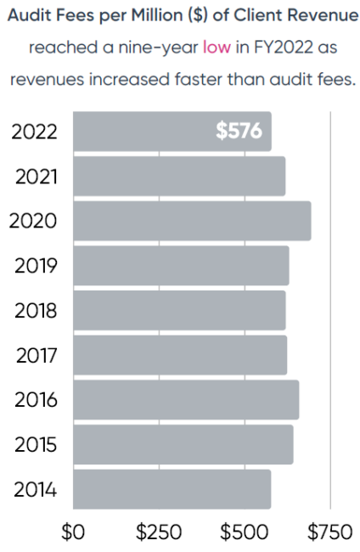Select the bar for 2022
coord(170,132)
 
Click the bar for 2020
coord(192,221)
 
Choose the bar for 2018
coord(179,310)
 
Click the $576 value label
coord(239,132)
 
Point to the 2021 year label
coord(37,177)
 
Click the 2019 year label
coord(37,266)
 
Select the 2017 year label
coord(37,355)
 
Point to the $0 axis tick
coord(74,532)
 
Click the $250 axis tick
coord(159,532)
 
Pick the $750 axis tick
coord(329,532)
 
